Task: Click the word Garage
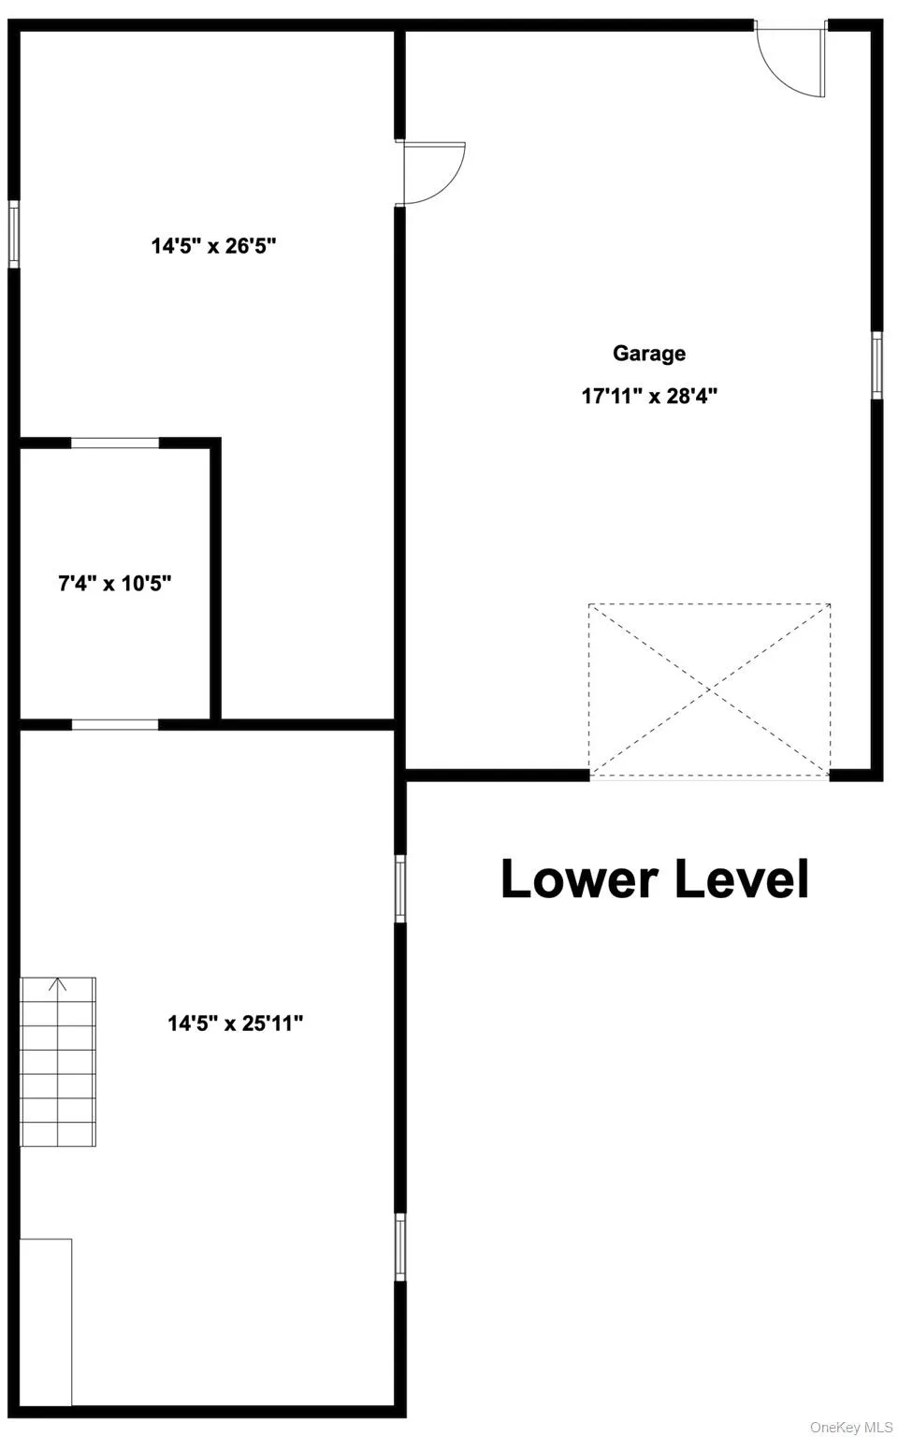649,354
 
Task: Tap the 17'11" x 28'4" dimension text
649,396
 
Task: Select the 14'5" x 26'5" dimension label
213,246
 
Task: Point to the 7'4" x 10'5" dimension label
115,584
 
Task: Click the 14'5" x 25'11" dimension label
236,1023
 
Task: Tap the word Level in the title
742,879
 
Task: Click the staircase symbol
58,1062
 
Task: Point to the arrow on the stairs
59,984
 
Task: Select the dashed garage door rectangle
710,689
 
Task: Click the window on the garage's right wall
877,365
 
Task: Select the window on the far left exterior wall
14,234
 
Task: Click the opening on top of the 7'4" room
115,443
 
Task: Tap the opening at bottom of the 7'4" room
115,723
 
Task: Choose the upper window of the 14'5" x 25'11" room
400,888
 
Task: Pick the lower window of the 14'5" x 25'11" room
400,1247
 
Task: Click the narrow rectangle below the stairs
46,1321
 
